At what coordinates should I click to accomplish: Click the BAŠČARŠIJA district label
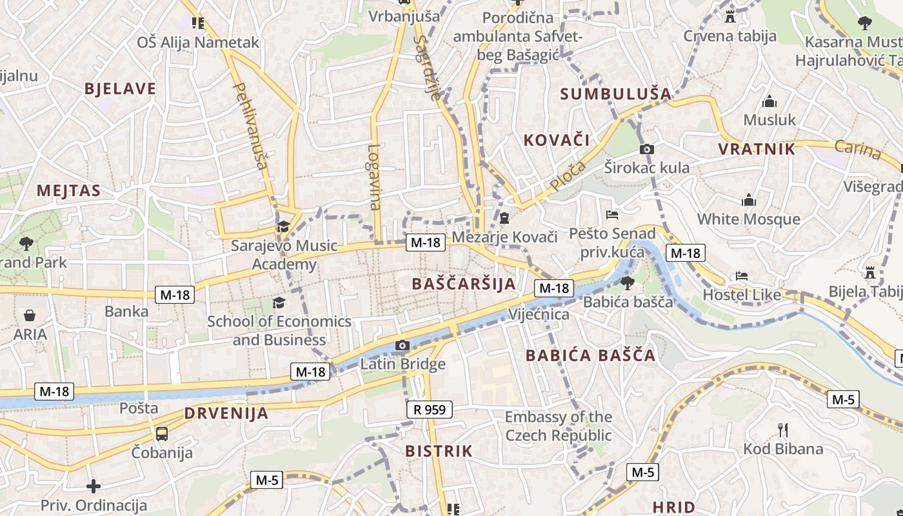pos(464,284)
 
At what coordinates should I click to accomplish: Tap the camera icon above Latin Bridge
pos(402,346)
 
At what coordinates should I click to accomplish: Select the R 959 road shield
pos(429,409)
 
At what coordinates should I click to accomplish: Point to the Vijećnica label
pos(539,315)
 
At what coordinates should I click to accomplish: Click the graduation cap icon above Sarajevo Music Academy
pos(283,226)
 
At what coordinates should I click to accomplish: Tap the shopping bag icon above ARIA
pos(30,315)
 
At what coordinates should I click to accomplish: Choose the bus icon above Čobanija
pos(161,433)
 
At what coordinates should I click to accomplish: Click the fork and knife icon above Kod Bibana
pos(783,429)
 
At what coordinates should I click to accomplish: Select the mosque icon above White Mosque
pos(749,200)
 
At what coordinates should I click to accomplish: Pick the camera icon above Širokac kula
pos(647,149)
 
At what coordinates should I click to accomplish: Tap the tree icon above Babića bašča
pos(626,282)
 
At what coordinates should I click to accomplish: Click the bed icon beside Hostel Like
pos(742,276)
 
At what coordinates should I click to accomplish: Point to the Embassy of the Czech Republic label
pos(558,426)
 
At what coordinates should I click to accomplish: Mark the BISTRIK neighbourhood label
pos(439,451)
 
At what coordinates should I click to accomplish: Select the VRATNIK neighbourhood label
pos(757,149)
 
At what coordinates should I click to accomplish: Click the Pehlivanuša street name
pos(249,125)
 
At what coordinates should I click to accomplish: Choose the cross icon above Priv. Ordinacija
pos(94,485)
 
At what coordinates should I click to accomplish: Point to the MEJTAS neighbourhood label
pos(68,190)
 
